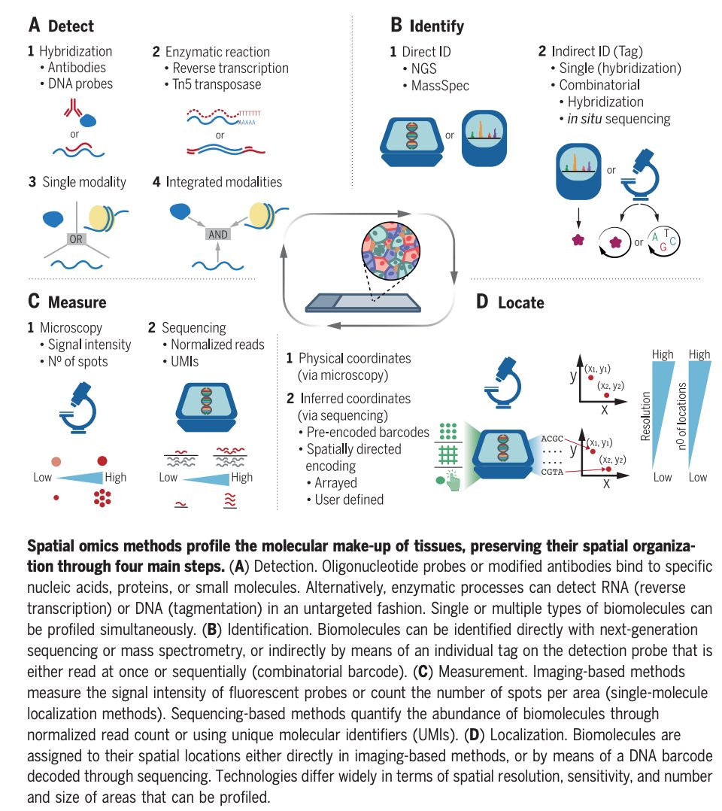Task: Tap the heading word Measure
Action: (77, 303)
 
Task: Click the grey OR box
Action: (77, 239)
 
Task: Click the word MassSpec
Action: (440, 86)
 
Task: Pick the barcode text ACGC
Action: (551, 437)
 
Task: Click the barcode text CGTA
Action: (551, 469)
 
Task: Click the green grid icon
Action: (448, 456)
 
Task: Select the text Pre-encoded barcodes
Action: (368, 433)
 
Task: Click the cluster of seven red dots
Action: (102, 497)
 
